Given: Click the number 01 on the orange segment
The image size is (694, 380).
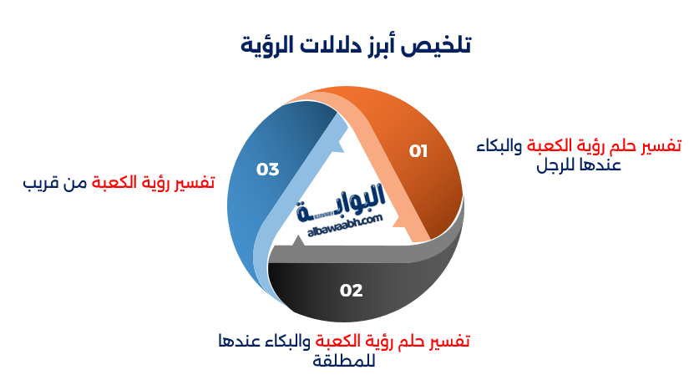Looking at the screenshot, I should tap(418, 151).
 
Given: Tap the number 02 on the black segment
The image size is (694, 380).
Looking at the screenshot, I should tap(352, 291).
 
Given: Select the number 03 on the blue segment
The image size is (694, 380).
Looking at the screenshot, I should tap(267, 170).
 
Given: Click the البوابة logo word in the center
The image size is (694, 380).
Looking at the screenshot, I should tap(342, 198).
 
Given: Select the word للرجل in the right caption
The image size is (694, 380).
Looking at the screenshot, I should tap(556, 165).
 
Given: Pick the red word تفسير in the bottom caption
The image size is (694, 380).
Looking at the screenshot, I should tap(448, 342).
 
